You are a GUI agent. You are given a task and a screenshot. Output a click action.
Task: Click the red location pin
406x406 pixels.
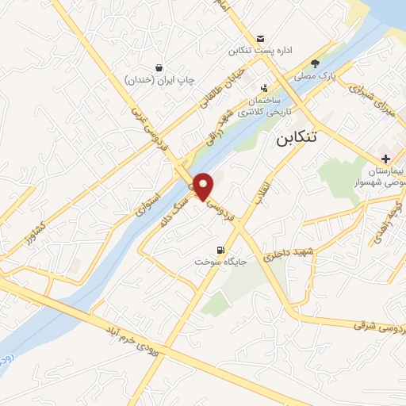point(204,186)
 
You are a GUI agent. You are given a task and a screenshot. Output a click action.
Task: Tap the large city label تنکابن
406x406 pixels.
point(308,138)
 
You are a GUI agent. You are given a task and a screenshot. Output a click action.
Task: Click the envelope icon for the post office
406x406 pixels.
point(260,38)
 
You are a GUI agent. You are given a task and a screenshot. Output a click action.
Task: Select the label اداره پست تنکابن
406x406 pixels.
point(261,51)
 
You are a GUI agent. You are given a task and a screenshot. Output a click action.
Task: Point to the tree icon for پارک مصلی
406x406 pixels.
point(316,63)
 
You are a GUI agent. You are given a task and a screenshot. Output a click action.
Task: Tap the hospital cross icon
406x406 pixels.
point(385,159)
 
